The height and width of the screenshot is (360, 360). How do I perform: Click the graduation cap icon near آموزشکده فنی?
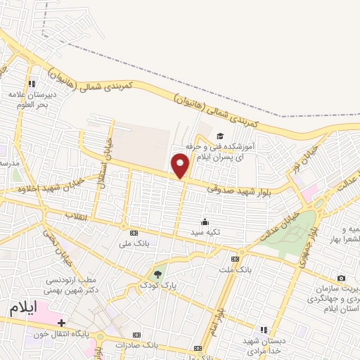(219, 136)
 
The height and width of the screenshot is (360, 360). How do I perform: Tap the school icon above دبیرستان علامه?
(32, 84)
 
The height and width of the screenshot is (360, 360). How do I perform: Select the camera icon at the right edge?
(342, 279)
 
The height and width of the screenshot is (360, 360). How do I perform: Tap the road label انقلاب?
(75, 214)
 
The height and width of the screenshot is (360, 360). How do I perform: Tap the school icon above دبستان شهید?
(264, 329)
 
